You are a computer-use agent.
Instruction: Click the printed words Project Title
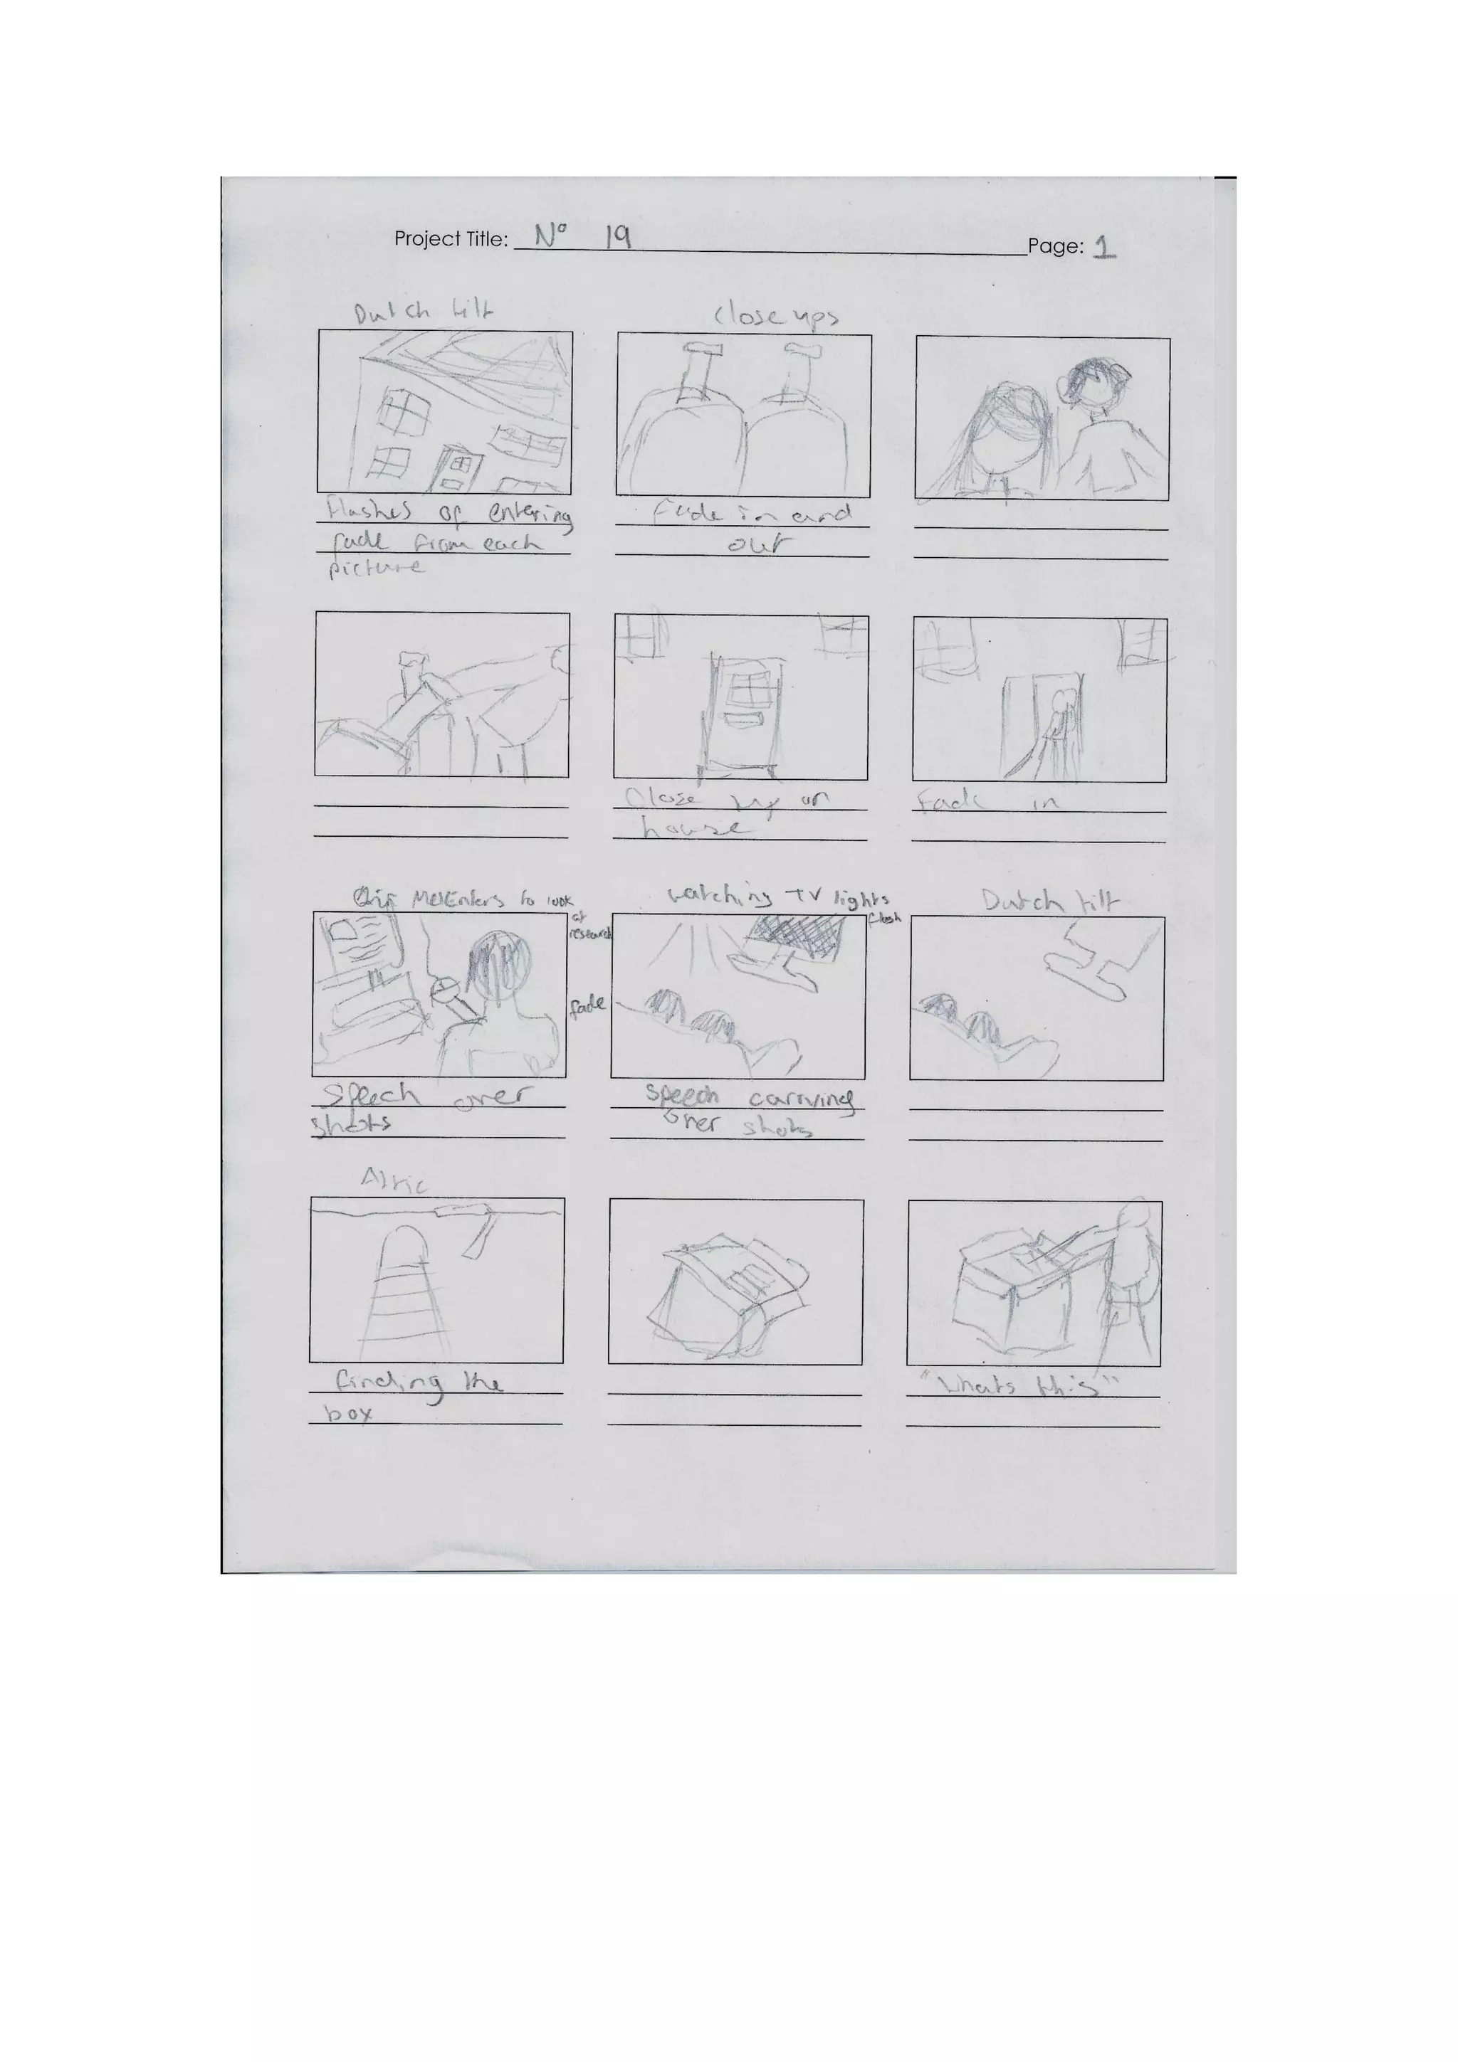(x=450, y=239)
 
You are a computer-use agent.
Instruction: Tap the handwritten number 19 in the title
(x=617, y=236)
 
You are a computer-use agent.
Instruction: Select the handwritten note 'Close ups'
(x=776, y=316)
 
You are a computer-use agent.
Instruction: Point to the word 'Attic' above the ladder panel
(x=394, y=1180)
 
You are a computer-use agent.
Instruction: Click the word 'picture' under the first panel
(x=375, y=568)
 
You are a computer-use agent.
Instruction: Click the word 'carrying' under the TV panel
(x=799, y=1099)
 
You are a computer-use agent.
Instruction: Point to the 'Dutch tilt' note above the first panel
(x=422, y=312)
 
